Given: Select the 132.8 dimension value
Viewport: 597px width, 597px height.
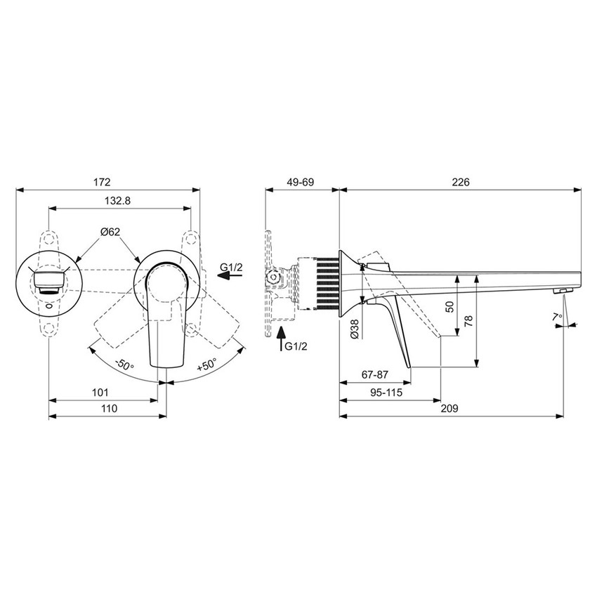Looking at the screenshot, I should (x=118, y=200).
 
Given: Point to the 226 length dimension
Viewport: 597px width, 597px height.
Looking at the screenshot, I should (x=460, y=182).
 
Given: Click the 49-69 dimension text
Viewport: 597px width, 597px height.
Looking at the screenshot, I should (x=301, y=182).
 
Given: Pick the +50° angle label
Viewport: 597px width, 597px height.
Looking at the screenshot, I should (x=208, y=365).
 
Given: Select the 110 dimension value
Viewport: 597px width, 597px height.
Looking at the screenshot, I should (x=107, y=408).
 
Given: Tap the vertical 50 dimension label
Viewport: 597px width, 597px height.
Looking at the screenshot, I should (x=450, y=307).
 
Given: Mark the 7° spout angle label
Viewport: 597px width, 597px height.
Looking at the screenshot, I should (x=558, y=318).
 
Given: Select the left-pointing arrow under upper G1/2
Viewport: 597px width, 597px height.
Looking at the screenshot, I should (x=230, y=276).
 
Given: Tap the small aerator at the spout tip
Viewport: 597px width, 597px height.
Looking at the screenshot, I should (x=563, y=290).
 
